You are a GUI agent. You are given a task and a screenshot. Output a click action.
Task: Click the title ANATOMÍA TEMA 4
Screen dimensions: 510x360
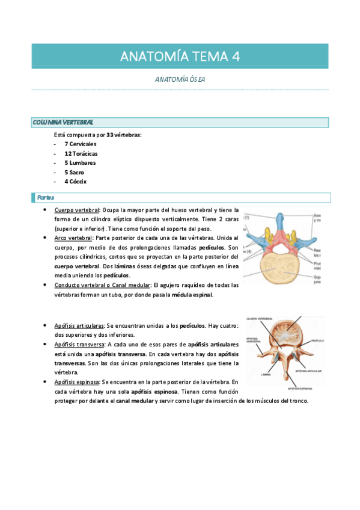tap(180, 57)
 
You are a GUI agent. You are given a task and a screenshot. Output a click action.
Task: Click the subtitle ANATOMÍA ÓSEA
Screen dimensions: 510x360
tap(180, 79)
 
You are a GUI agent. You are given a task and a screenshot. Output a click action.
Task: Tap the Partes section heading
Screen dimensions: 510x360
tap(46, 197)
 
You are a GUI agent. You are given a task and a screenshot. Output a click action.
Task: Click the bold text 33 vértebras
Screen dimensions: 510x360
tap(124, 135)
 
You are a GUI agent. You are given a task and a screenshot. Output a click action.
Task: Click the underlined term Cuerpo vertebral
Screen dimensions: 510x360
tap(76, 210)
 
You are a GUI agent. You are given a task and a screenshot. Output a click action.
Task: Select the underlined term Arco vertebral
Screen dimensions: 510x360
tap(72, 238)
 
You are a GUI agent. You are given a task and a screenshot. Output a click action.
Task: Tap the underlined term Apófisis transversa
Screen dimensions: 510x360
tap(79, 345)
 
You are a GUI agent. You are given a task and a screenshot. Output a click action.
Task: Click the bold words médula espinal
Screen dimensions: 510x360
tap(192, 295)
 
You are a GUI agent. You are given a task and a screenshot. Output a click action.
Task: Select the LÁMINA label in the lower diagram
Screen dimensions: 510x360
tap(265, 374)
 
